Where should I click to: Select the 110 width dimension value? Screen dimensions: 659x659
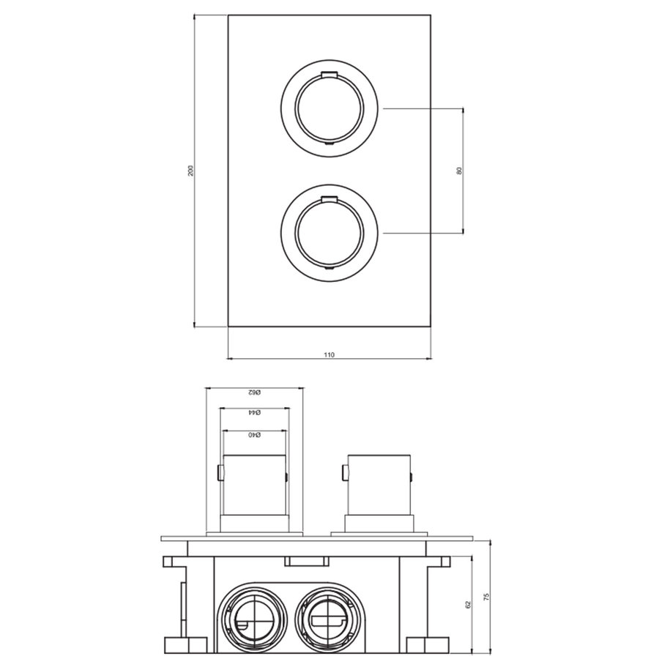(x=329, y=354)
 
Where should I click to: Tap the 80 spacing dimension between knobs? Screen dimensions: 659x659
(x=459, y=171)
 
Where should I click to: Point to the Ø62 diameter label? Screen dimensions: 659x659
(x=254, y=393)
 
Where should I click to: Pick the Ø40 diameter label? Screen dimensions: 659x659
(x=254, y=436)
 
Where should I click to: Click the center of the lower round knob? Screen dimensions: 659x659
(x=328, y=234)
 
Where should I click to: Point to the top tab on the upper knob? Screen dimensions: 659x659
(x=328, y=74)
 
